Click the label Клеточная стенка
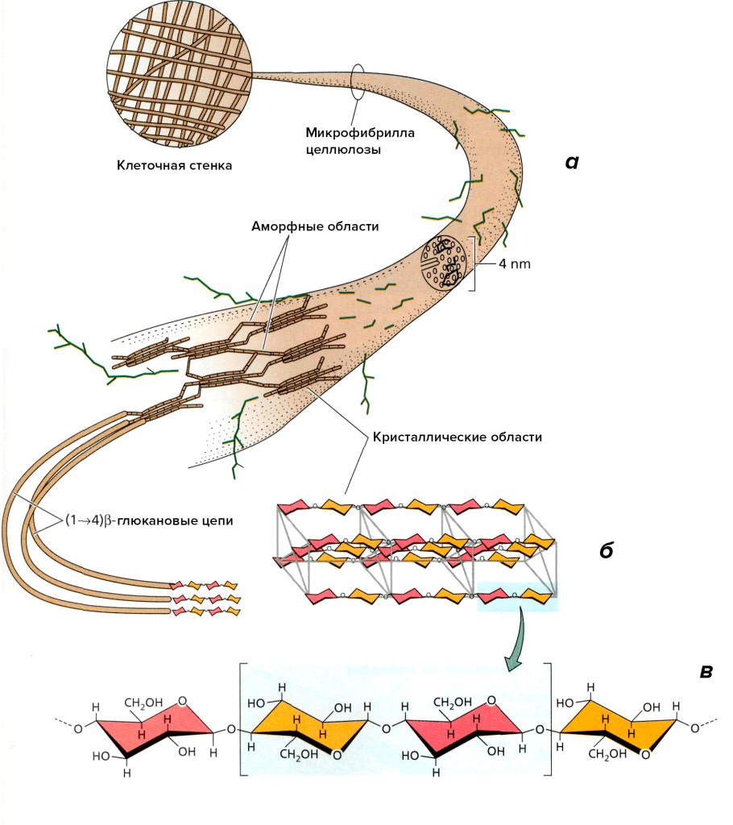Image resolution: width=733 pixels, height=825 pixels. click(x=175, y=166)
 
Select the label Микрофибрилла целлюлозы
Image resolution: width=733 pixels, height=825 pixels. click(x=359, y=141)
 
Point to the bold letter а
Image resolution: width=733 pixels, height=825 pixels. click(x=572, y=162)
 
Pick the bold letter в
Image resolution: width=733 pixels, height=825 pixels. click(x=706, y=671)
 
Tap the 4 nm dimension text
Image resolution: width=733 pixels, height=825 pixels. click(x=514, y=263)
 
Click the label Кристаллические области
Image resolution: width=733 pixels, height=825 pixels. click(x=456, y=438)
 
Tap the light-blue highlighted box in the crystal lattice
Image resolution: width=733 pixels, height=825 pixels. click(x=516, y=597)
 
